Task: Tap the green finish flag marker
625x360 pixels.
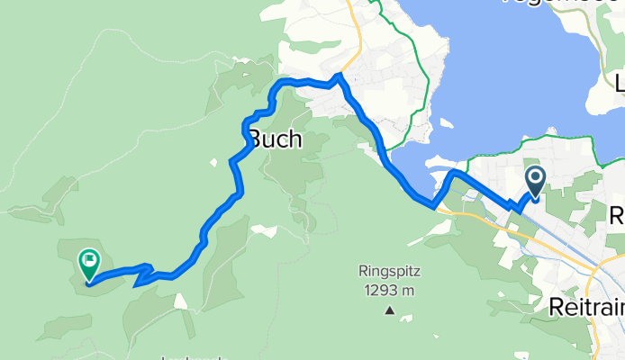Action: (89, 264)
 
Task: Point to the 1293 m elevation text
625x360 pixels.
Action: (390, 290)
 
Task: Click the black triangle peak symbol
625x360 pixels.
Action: (390, 311)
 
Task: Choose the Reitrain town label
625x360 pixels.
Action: (586, 308)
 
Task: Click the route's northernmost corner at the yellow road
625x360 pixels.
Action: (339, 76)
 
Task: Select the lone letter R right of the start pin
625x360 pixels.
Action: (618, 216)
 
